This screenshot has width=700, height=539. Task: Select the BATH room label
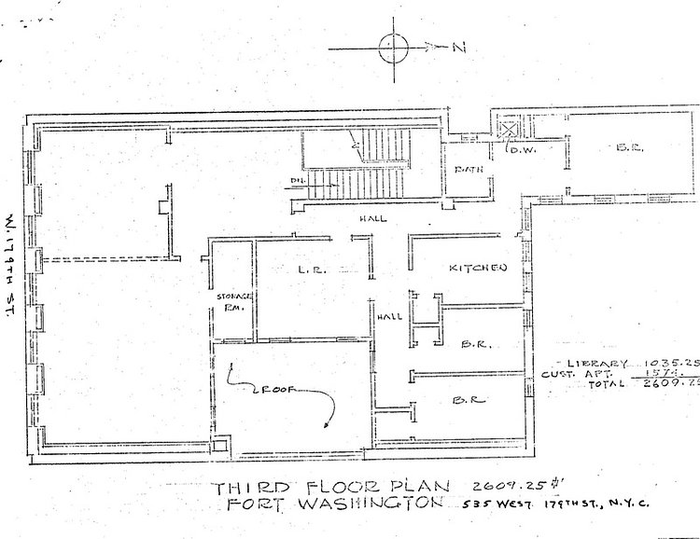468,171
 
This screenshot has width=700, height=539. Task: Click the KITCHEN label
478,269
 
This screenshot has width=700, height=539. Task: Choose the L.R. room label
311,269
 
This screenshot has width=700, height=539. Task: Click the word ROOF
272,392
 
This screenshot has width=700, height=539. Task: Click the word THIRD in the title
246,488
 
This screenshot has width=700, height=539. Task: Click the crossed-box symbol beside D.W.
508,130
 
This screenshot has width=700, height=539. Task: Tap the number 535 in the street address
478,506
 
